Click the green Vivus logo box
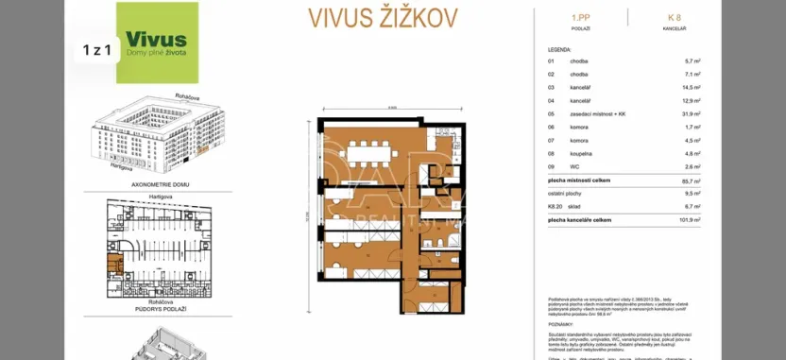point(157,43)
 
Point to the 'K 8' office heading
point(674,17)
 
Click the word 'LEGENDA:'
point(559,48)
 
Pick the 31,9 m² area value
point(691,113)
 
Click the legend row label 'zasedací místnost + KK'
point(595,113)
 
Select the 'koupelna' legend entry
point(580,153)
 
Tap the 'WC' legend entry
point(573,166)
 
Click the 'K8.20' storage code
point(555,205)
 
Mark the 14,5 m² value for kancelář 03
point(691,87)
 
